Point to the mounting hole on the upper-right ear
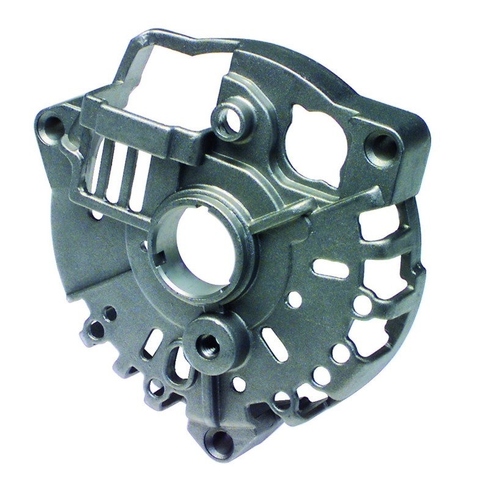tap(383, 147)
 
